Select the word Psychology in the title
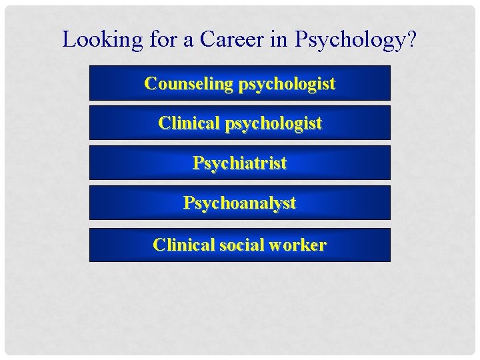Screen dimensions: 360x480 click(349, 40)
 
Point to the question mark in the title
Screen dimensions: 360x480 click(411, 39)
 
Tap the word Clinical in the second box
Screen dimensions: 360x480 click(189, 123)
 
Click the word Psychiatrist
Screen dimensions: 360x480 click(240, 163)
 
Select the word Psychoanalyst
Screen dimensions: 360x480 click(240, 203)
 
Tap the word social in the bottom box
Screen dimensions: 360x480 click(242, 245)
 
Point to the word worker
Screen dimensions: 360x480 click(298, 245)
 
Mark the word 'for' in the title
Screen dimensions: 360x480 click(159, 39)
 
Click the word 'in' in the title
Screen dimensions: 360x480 click(283, 39)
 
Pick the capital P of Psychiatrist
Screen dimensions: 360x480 click(198, 163)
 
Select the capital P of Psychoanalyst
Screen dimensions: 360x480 click(189, 203)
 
